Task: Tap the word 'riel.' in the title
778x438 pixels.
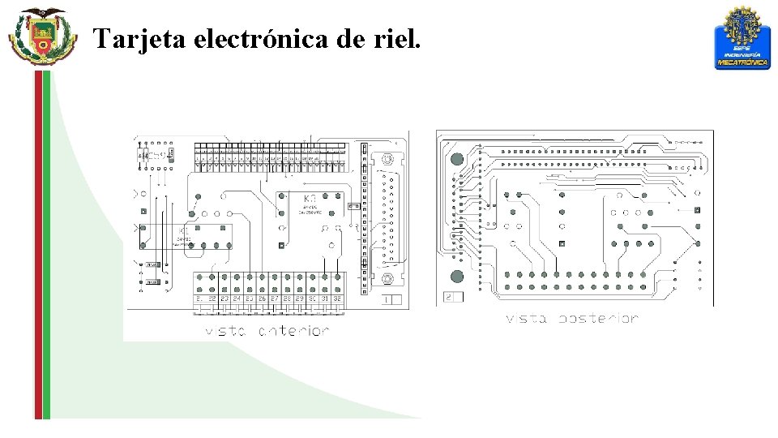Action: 399,38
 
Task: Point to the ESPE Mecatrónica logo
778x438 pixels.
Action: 741,38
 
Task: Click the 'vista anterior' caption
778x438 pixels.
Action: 267,331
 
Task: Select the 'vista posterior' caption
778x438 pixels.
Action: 572,319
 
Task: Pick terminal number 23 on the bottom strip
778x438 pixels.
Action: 224,299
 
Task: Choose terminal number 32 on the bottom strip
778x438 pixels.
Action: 336,299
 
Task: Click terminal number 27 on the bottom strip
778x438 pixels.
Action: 275,299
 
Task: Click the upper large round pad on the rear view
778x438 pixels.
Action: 457,159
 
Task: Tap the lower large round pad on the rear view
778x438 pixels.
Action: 457,276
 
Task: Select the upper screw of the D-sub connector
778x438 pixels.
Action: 389,159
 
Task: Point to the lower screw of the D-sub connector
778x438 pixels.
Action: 389,278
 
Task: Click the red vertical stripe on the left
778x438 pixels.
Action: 37,243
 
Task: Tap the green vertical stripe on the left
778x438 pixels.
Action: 46,243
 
